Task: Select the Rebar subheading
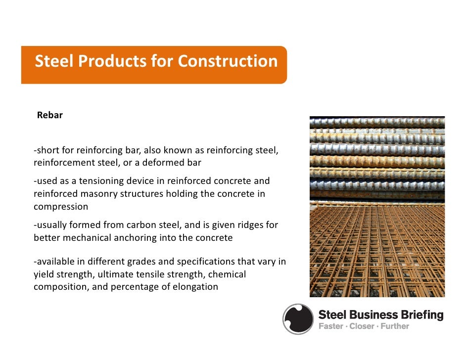point(49,116)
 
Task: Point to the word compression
point(61,207)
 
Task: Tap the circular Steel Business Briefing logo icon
point(298,319)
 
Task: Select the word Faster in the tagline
point(330,326)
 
